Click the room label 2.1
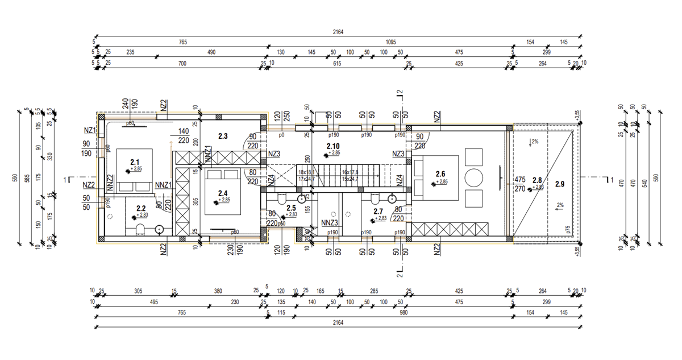pos(135,162)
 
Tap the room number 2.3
pos(223,136)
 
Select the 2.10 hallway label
pos(333,147)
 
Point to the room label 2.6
pos(440,174)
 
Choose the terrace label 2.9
pos(560,184)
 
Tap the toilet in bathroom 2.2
pos(139,230)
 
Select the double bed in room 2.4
pos(221,191)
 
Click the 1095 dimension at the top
pos(390,43)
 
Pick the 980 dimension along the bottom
pos(404,313)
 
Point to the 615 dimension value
pos(336,64)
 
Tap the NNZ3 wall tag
pos(330,223)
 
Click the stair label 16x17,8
pos(350,172)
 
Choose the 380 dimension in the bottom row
pos(218,291)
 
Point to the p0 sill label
pos(281,135)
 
